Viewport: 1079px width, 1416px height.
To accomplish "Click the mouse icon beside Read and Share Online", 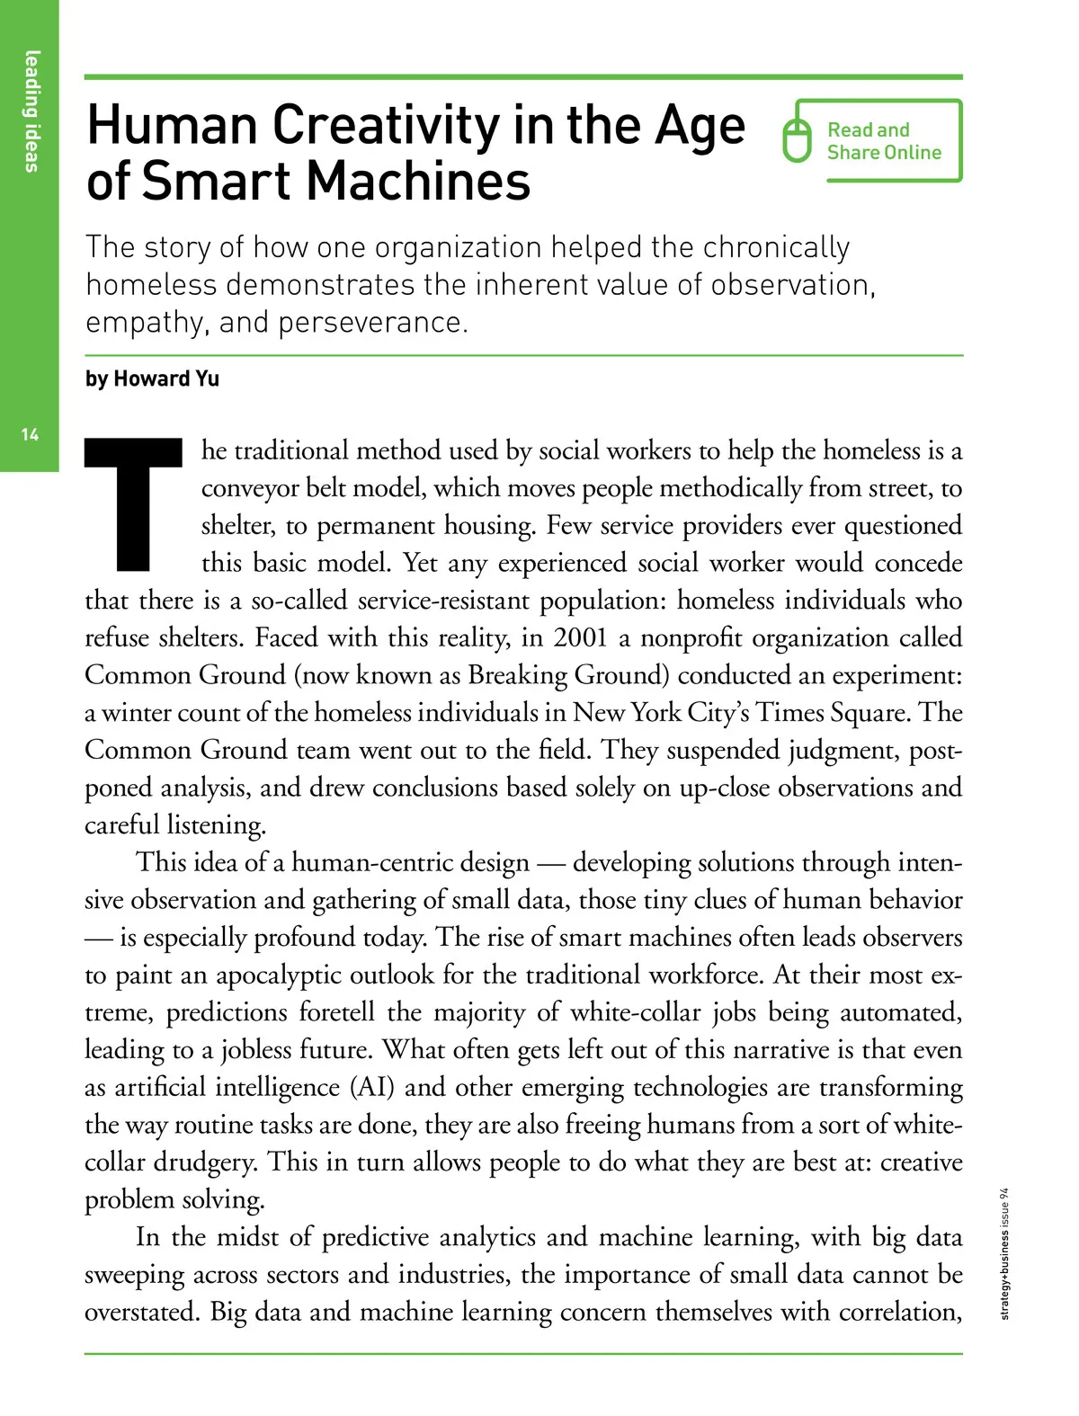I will click(797, 141).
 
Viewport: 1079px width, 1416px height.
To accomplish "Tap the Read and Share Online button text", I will click(883, 141).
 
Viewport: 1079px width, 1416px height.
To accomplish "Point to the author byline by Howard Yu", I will click(152, 378).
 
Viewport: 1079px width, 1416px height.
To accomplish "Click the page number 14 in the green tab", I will click(30, 435).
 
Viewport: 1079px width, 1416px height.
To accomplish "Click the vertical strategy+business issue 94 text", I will click(1005, 1253).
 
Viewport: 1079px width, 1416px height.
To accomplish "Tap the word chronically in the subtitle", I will click(775, 246).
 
